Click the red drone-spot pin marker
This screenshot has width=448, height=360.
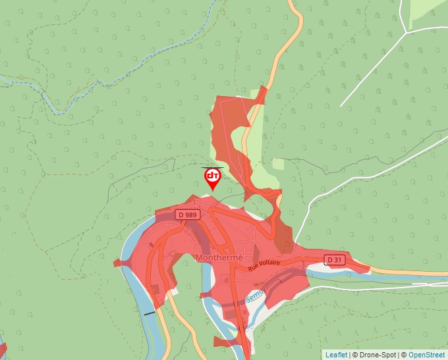212,178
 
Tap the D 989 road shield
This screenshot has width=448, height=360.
188,215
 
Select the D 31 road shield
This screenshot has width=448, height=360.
335,260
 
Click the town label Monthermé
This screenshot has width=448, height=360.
219,257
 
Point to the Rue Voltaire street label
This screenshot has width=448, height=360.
264,265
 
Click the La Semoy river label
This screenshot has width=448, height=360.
251,297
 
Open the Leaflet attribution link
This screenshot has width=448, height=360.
336,355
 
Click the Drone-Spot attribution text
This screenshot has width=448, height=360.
376,355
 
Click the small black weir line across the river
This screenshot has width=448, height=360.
151,313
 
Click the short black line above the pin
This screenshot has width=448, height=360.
212,167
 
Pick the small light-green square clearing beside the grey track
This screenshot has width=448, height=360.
278,164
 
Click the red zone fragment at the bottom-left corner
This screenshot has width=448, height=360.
2,349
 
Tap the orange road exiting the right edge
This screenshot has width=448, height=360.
422,272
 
